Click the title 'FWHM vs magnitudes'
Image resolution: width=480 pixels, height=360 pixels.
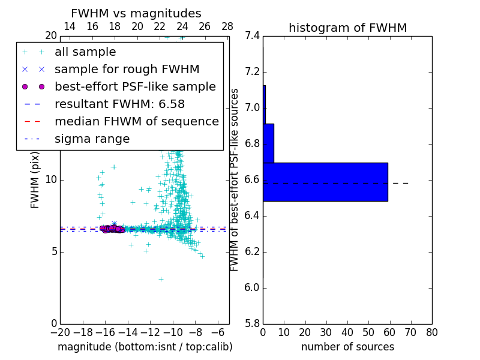click(x=136, y=14)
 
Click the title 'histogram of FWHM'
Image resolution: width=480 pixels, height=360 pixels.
click(x=347, y=28)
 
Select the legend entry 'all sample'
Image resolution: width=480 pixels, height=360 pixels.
click(x=85, y=52)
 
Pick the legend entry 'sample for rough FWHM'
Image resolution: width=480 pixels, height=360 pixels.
click(x=127, y=70)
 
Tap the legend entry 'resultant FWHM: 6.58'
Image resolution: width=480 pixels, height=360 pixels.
click(x=119, y=104)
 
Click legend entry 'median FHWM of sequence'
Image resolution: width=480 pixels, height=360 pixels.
click(x=136, y=122)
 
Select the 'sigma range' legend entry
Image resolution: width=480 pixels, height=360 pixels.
click(x=92, y=139)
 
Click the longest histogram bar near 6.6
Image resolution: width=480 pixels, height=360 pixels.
click(x=325, y=182)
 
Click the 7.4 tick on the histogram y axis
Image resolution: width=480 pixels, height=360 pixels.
click(x=253, y=36)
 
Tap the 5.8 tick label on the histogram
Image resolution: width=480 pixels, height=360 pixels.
click(x=253, y=324)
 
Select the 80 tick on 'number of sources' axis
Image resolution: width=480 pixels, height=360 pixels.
click(x=431, y=332)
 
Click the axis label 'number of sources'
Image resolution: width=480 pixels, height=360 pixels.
click(x=347, y=347)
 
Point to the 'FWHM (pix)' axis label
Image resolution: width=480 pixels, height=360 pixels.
click(x=35, y=179)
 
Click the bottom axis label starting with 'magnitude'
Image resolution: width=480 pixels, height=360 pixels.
click(x=145, y=347)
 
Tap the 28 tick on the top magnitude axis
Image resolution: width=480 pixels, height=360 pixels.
click(x=227, y=26)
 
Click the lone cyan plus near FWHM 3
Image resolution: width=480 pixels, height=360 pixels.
click(x=161, y=279)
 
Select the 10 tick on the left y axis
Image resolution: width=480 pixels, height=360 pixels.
click(x=51, y=180)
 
